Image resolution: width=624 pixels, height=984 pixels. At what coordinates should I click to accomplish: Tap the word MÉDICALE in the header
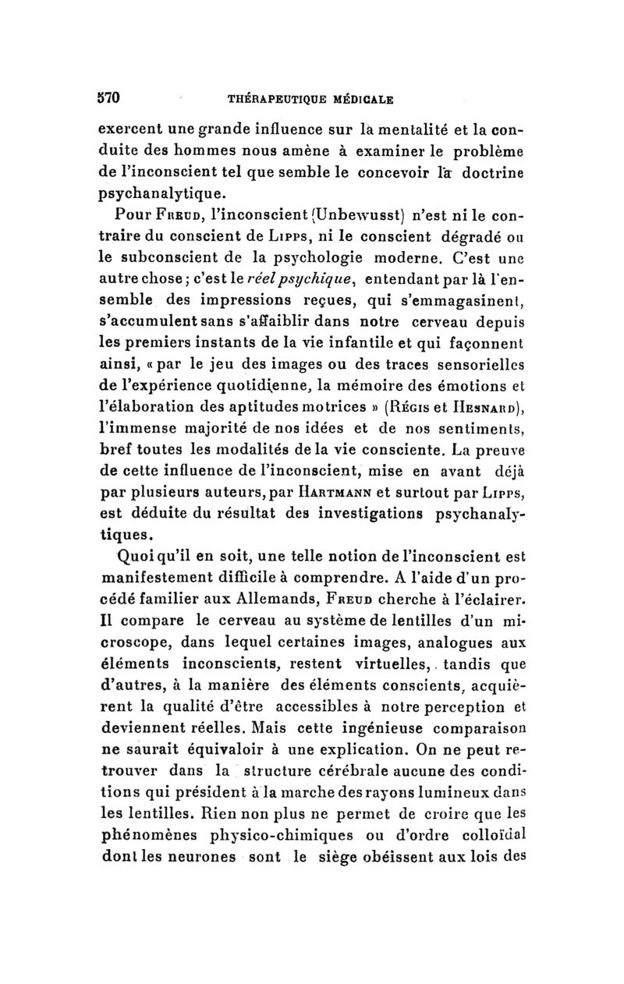tap(356, 99)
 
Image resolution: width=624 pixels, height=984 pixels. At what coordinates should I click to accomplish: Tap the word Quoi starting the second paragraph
tap(125, 557)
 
